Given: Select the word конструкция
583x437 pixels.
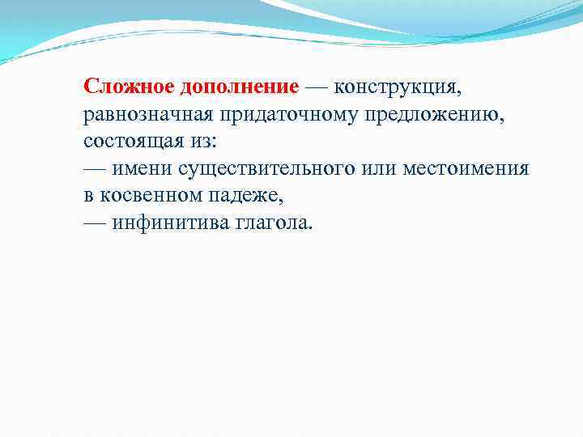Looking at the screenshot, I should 398,87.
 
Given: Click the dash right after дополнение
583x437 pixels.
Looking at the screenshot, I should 317,87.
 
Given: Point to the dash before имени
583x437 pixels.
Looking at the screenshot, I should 95,168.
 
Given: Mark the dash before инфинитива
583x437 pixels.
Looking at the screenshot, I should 95,223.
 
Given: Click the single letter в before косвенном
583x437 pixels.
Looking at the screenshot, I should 88,196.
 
